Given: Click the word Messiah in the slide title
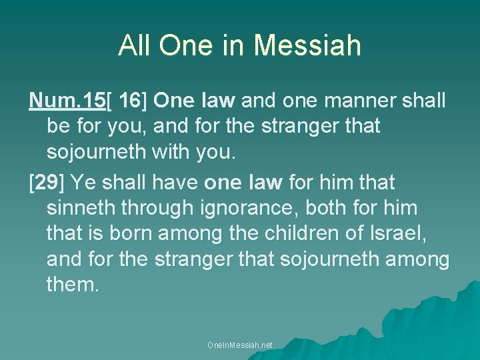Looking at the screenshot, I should click(307, 45).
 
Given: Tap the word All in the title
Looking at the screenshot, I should click(134, 45).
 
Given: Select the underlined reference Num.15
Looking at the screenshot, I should click(67, 101).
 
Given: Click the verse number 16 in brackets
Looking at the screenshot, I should click(131, 101).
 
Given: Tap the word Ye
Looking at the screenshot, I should click(83, 182).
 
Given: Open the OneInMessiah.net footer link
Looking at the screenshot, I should click(240, 345).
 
